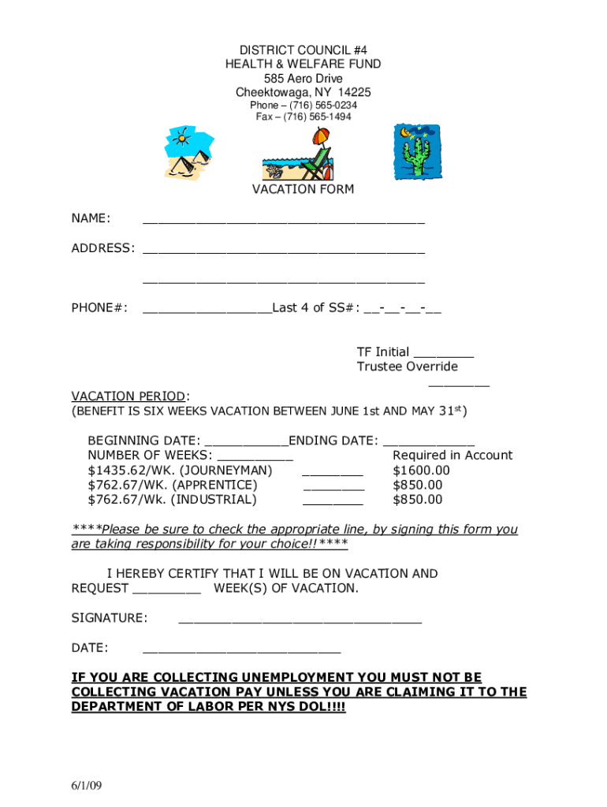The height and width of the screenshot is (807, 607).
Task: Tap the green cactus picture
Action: (417, 152)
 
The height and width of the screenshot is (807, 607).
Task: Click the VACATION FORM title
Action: (303, 189)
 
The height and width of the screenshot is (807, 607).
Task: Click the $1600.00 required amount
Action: (418, 470)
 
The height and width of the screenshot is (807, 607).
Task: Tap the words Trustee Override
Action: (407, 366)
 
